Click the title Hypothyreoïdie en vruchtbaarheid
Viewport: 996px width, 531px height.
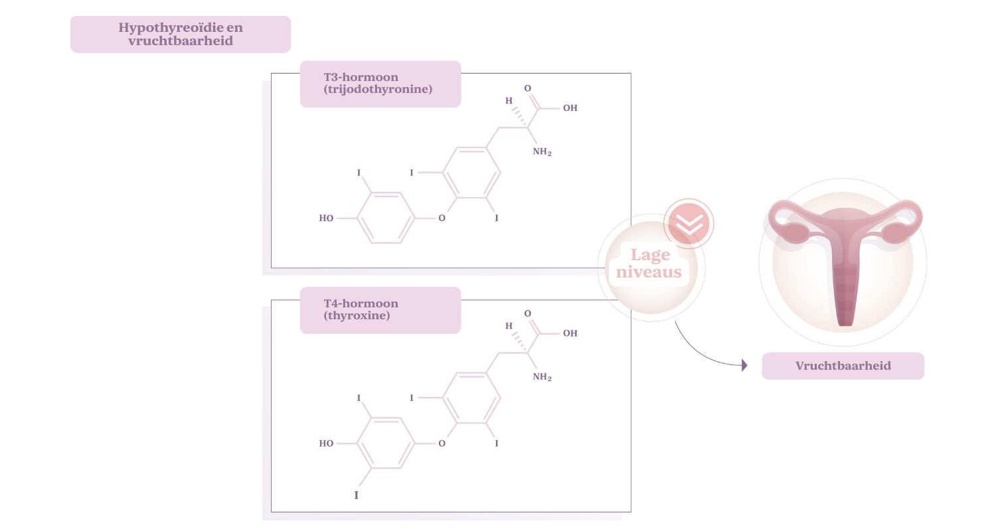[180, 34]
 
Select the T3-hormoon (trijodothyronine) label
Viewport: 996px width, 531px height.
[380, 84]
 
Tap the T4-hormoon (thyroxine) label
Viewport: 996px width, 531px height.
[380, 310]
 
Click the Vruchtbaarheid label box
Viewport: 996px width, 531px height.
[843, 366]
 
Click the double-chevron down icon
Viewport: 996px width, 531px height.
[689, 223]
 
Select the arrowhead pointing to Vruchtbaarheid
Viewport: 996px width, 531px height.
[744, 365]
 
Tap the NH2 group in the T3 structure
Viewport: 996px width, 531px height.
[542, 153]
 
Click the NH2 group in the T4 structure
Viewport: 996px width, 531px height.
[542, 378]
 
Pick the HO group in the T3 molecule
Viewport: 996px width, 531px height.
[326, 218]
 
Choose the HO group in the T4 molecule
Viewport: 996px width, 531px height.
[326, 443]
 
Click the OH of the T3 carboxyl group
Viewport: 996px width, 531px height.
[570, 108]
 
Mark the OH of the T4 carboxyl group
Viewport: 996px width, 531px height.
[570, 333]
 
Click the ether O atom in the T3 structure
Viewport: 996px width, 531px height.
[442, 218]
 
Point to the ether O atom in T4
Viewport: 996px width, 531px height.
[442, 443]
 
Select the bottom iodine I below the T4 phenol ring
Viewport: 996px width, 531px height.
[357, 495]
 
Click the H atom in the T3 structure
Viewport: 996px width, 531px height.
[509, 102]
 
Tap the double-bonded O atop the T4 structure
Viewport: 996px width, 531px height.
[528, 313]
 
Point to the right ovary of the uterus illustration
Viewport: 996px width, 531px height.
[896, 233]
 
